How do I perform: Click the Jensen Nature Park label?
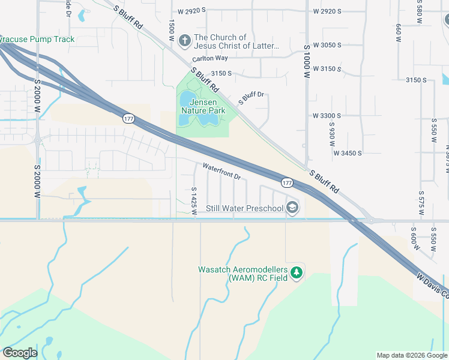(203, 107)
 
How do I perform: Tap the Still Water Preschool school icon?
(292, 208)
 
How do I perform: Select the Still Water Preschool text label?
(244, 209)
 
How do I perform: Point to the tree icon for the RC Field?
(296, 274)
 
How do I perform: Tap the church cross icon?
(185, 41)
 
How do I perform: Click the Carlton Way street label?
(210, 59)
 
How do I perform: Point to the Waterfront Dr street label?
(221, 172)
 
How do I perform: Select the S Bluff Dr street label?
(251, 98)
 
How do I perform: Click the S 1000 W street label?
(306, 62)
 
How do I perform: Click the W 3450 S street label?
(348, 153)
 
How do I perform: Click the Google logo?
(20, 353)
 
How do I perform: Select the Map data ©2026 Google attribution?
(412, 355)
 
